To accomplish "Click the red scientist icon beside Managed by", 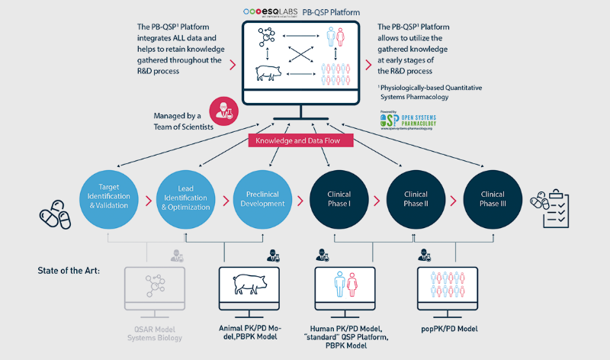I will coord(222,108).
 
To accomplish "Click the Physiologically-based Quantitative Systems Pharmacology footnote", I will coord(432,92).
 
